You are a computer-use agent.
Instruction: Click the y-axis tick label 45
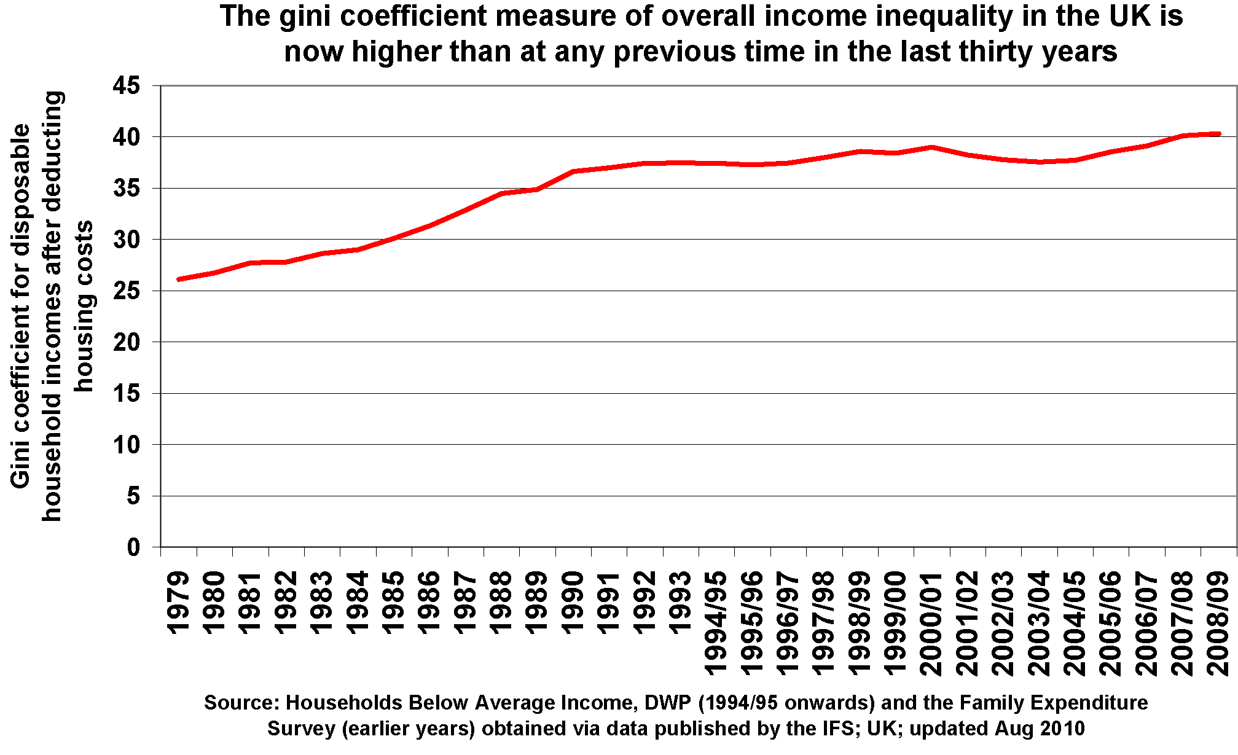[126, 86]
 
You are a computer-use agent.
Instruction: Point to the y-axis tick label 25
[126, 291]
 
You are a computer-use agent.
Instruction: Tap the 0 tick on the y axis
[133, 547]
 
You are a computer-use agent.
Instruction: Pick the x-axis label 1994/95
[716, 624]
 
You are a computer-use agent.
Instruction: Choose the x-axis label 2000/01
[931, 624]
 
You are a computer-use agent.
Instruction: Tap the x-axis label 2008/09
[1218, 624]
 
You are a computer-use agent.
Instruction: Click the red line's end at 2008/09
[1218, 133]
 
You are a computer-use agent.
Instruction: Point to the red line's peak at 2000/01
[931, 147]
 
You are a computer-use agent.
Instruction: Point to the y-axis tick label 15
[126, 393]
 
